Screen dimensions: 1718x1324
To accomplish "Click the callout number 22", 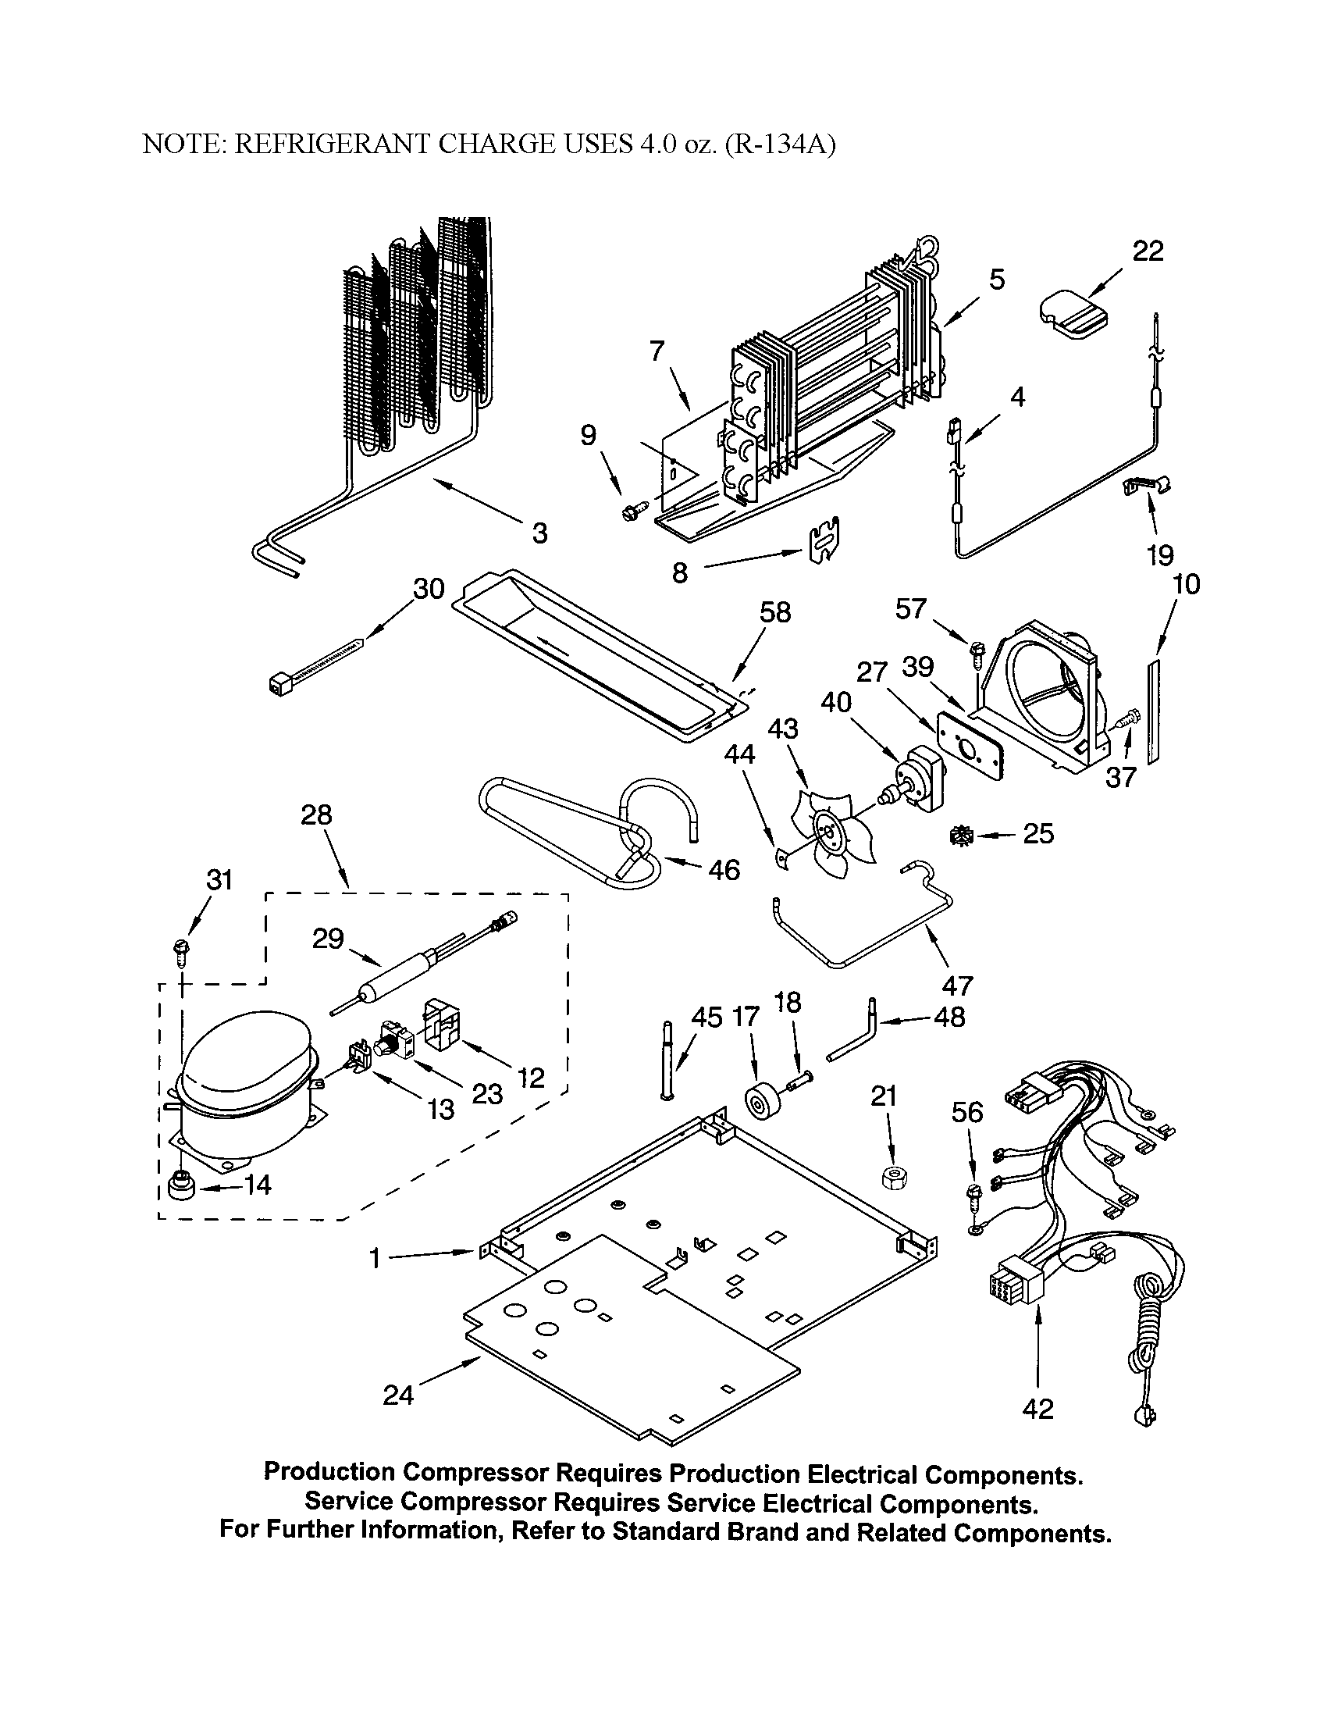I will [1147, 251].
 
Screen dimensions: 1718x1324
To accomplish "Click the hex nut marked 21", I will [890, 1178].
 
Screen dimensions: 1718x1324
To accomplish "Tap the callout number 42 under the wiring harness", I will [1037, 1408].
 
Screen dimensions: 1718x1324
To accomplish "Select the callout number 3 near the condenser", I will [539, 533].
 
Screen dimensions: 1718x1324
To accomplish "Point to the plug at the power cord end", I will [1144, 1417].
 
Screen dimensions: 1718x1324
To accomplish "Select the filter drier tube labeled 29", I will [393, 971].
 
